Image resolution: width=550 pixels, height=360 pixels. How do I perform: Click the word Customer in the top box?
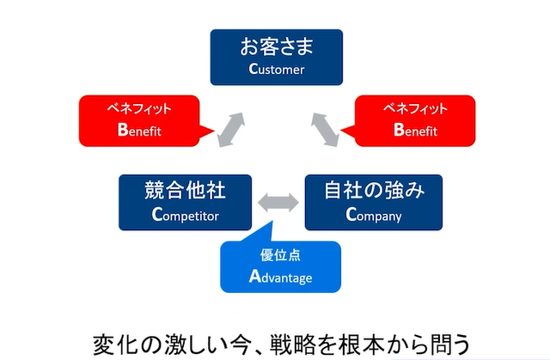(277, 69)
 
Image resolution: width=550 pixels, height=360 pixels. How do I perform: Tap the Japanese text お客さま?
(277, 46)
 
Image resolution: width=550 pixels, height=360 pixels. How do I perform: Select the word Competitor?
(186, 215)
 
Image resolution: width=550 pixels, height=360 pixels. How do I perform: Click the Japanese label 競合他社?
(185, 191)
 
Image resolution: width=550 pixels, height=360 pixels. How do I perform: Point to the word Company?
(374, 215)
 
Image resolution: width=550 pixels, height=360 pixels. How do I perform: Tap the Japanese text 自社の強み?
(374, 190)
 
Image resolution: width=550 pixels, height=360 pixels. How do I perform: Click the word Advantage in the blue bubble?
(281, 277)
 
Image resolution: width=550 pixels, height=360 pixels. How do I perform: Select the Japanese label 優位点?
(281, 255)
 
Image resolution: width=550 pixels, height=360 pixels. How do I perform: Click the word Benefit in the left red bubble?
(139, 130)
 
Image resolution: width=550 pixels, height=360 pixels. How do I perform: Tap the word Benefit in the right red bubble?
(415, 130)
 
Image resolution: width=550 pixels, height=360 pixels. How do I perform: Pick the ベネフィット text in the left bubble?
(139, 108)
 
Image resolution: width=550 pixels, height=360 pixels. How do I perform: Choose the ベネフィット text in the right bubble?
(415, 108)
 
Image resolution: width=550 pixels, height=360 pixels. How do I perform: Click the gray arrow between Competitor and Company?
(278, 203)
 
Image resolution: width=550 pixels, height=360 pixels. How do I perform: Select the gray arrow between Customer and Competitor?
(231, 130)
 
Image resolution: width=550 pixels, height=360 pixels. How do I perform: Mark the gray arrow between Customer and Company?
(325, 130)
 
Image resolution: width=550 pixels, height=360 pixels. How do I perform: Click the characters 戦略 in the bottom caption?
(303, 345)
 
